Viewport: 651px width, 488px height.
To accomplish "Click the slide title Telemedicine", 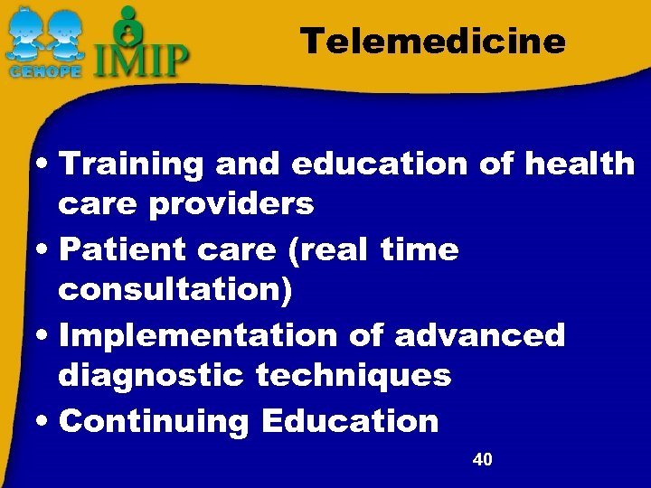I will point(433,41).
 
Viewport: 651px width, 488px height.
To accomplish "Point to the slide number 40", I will point(483,460).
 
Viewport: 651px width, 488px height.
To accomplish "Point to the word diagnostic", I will point(150,375).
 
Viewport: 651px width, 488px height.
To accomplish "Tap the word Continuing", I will point(152,420).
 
